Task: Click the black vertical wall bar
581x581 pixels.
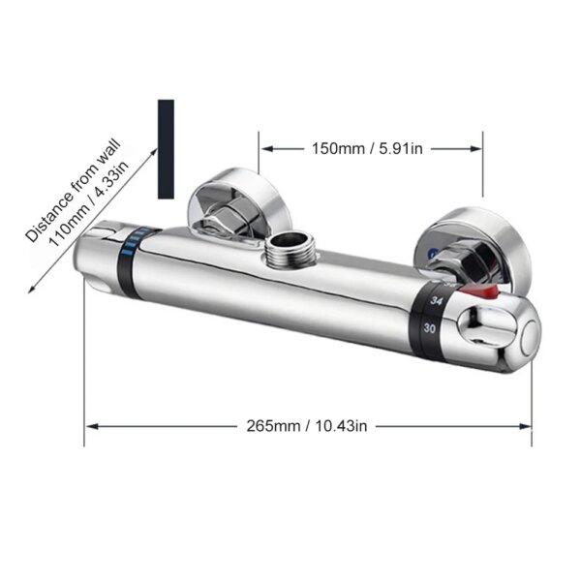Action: [166, 149]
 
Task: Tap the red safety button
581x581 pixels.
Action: [488, 291]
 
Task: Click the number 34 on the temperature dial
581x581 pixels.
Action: [437, 302]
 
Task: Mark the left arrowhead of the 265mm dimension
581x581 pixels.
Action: [91, 425]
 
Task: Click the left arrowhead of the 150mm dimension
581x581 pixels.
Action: [264, 148]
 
